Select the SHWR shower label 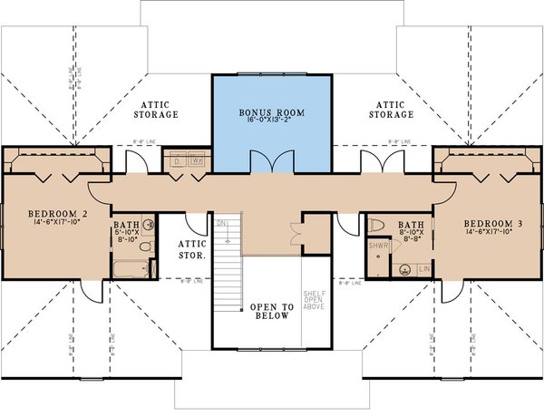point(378,245)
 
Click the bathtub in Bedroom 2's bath point(131,268)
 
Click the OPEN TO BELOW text point(269,312)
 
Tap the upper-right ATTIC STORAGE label point(392,110)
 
